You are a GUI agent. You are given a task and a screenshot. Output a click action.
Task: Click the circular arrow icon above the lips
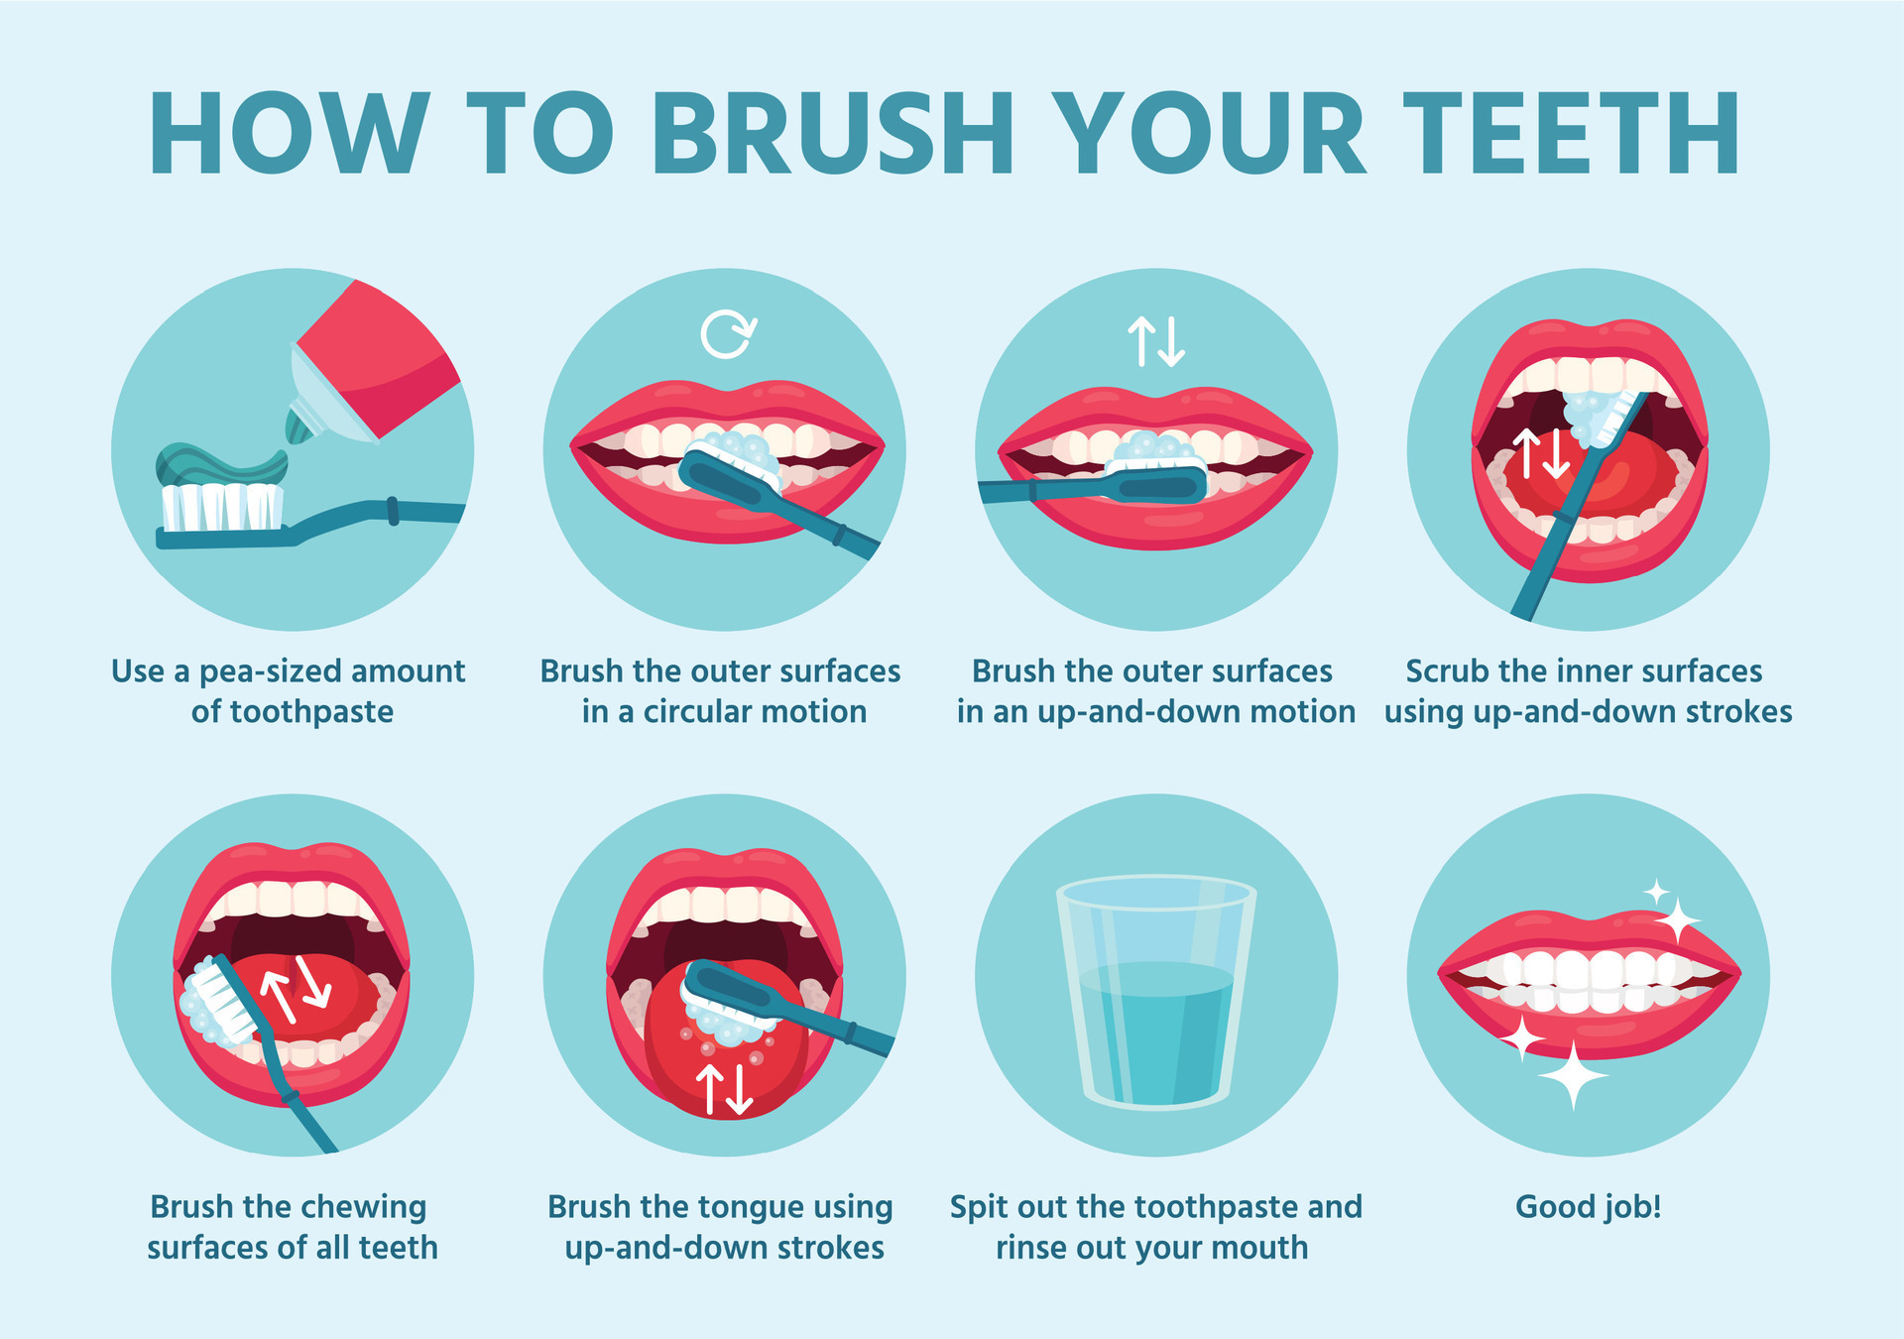click(x=728, y=334)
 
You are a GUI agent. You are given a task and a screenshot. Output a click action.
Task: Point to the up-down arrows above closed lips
click(x=1156, y=341)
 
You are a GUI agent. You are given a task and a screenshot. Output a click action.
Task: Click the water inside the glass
click(x=1155, y=1032)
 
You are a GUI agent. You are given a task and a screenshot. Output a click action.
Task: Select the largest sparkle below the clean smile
click(x=1572, y=1076)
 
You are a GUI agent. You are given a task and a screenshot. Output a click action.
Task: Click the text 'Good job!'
click(x=1588, y=1207)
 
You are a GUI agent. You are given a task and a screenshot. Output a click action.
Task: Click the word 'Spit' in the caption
click(x=978, y=1208)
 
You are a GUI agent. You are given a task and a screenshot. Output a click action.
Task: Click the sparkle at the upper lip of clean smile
click(x=1678, y=920)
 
